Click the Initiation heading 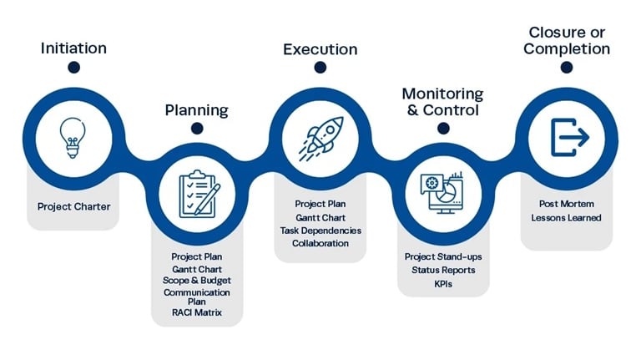73,48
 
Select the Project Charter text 73,206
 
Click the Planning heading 196,109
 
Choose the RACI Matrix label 197,313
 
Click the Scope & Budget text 197,281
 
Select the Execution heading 320,49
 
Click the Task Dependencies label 320,230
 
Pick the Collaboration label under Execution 320,243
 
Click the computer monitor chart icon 442,193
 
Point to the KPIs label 442,283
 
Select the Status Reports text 442,270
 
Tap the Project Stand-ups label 442,256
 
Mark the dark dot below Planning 197,128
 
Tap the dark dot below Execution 320,68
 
